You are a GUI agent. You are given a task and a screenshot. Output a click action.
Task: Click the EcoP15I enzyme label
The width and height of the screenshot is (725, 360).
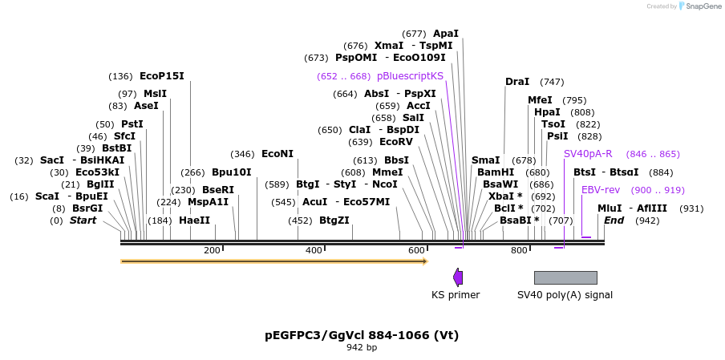pos(161,76)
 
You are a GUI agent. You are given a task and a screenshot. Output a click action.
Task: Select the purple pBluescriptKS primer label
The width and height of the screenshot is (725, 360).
pos(410,76)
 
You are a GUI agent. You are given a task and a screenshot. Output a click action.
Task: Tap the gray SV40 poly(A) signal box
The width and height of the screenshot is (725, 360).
pos(565,277)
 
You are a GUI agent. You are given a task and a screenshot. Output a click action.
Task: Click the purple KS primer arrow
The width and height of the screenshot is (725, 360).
pos(458,277)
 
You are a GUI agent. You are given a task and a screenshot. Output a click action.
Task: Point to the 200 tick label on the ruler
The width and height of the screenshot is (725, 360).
pos(212,251)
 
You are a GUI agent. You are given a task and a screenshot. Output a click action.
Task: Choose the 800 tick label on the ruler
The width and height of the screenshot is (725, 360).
pos(519,251)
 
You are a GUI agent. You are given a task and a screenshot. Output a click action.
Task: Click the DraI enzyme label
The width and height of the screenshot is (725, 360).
pos(517,82)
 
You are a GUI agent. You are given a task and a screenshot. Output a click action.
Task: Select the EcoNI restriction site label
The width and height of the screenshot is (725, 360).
pos(277,154)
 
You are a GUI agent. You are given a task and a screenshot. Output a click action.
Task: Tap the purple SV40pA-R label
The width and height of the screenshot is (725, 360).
pos(588,154)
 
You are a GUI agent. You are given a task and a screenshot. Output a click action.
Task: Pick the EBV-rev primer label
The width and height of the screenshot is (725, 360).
pos(601,190)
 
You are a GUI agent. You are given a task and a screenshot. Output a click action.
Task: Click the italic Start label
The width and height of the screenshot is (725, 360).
pos(83,220)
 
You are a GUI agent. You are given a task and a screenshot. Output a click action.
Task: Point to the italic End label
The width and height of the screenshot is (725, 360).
pos(614,220)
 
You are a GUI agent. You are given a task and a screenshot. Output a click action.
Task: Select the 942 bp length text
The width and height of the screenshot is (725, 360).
pos(362,348)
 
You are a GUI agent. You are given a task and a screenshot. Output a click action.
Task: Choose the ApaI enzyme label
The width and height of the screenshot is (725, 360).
pos(446,34)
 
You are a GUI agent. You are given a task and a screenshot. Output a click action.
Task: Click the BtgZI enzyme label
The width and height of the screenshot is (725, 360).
pos(334,220)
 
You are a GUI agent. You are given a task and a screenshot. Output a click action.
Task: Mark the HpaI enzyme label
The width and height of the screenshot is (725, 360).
pos(547,112)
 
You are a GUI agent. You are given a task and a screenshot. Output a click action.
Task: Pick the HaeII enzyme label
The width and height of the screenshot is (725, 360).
pos(194,220)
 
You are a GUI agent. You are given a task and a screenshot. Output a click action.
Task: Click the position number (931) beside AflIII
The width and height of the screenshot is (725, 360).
pos(691,208)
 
